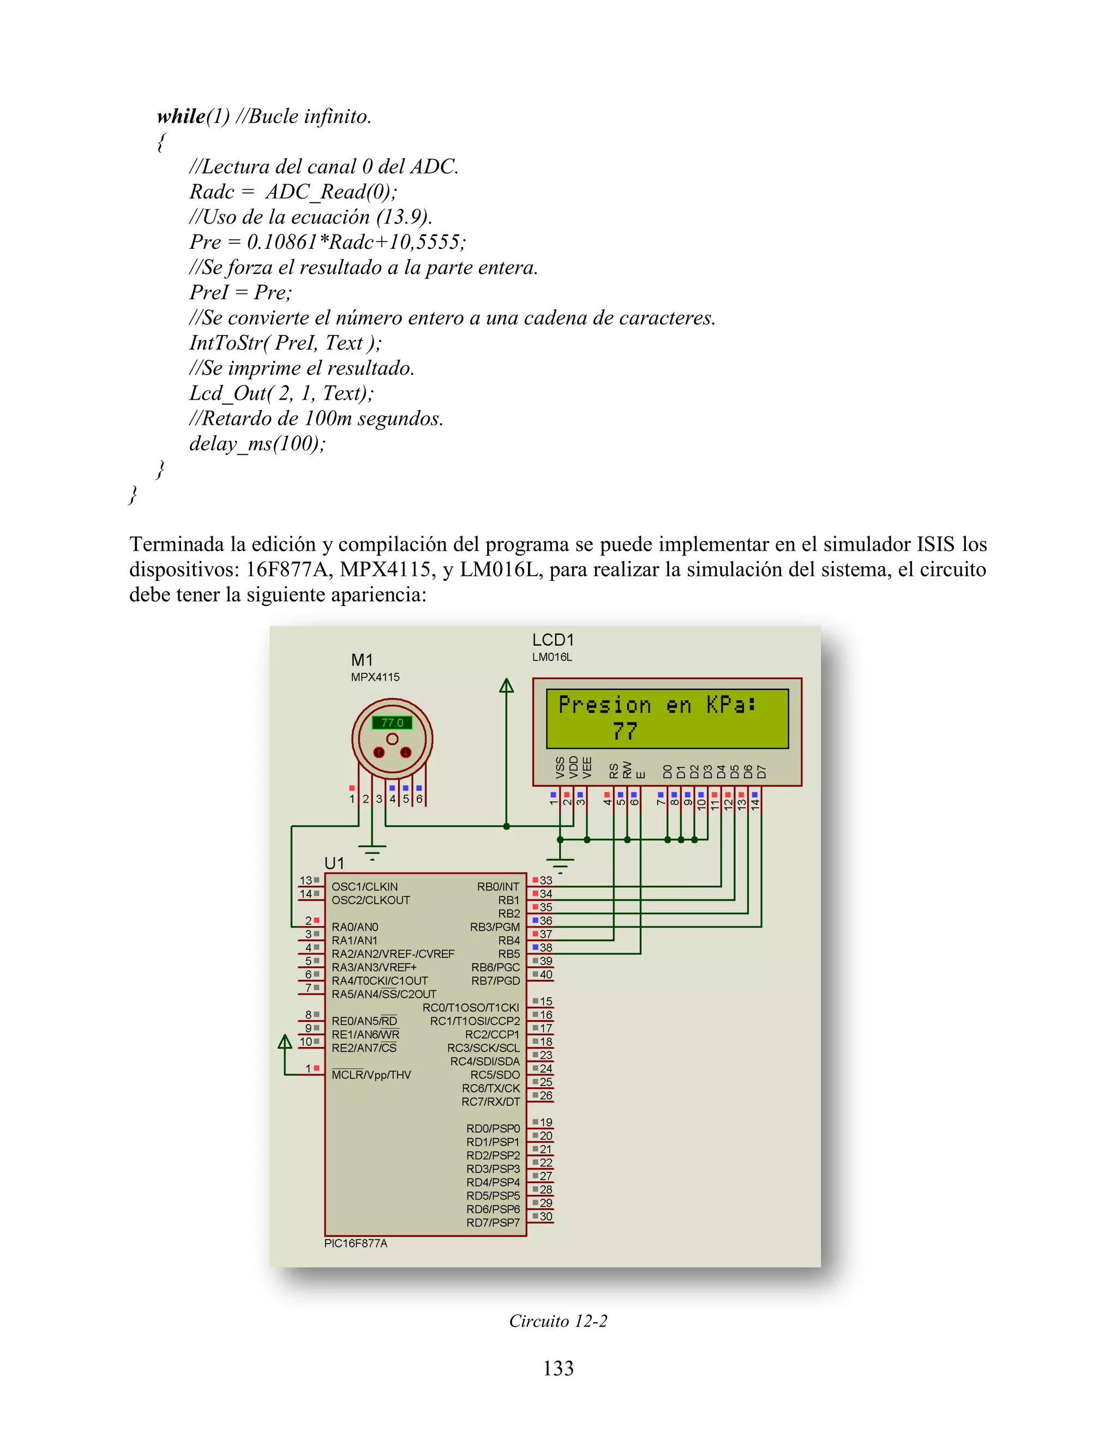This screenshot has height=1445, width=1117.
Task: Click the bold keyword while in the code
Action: pos(181,117)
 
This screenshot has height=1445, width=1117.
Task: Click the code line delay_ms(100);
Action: pos(257,443)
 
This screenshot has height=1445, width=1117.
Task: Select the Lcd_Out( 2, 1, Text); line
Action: pos(281,393)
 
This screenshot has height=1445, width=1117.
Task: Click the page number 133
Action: pos(558,1368)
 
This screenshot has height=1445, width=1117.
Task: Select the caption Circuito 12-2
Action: pos(558,1321)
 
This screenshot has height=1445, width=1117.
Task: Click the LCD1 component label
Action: pos(553,640)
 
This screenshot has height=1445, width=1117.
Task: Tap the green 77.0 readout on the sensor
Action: pos(392,722)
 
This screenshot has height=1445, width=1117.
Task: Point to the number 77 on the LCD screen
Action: pos(624,731)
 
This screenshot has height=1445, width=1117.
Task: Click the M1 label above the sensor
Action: pos(362,660)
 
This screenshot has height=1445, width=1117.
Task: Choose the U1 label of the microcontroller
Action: pos(334,863)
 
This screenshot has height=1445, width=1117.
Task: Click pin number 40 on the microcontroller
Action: pos(546,974)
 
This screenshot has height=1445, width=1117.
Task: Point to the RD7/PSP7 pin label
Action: pos(493,1223)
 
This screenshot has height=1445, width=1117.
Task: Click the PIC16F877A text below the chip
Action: pos(356,1243)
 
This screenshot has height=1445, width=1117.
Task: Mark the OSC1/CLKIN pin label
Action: pos(365,887)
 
